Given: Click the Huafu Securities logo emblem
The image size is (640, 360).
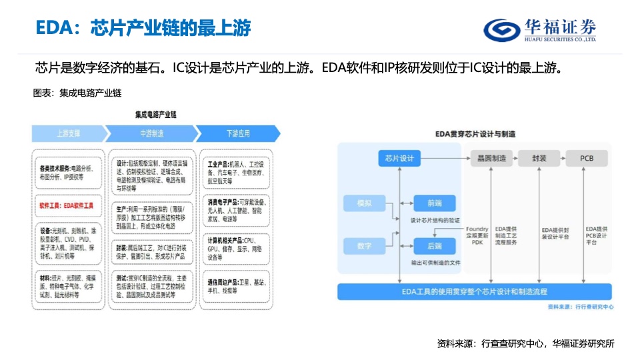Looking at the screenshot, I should [x=500, y=29].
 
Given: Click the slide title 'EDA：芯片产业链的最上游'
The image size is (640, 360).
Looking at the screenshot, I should [x=143, y=28].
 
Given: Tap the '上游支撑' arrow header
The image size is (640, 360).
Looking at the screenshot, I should [x=68, y=133].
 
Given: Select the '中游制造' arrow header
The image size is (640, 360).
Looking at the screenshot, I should [x=151, y=133].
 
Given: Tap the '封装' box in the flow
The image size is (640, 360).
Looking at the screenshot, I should [x=539, y=159].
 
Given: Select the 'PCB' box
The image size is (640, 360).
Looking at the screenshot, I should [x=587, y=159].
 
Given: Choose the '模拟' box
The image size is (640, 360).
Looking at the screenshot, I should [x=365, y=203].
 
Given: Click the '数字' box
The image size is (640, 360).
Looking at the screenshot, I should [x=365, y=246].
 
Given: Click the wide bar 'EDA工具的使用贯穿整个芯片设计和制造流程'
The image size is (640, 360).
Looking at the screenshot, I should [x=475, y=291].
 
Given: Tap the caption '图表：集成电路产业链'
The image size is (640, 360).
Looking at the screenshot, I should [x=77, y=93].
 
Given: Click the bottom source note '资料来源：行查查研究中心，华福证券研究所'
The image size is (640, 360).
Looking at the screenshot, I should [x=525, y=343].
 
